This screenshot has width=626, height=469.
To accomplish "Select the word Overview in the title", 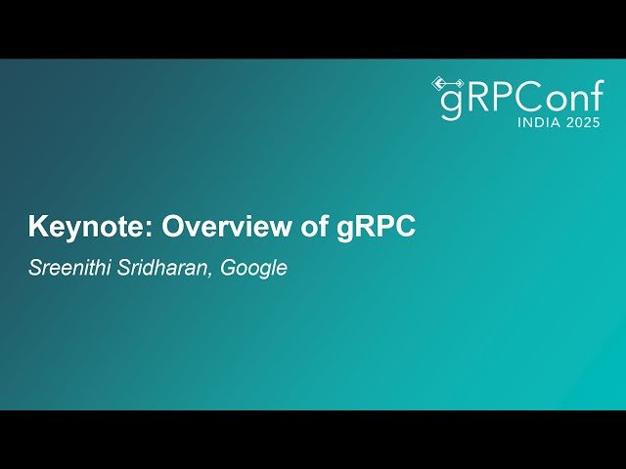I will point(231,228).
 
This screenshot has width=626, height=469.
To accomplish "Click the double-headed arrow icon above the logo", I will point(446,83).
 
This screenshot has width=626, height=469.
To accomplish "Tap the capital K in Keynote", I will point(37,228).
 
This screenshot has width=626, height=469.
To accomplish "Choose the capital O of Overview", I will point(173,228).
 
